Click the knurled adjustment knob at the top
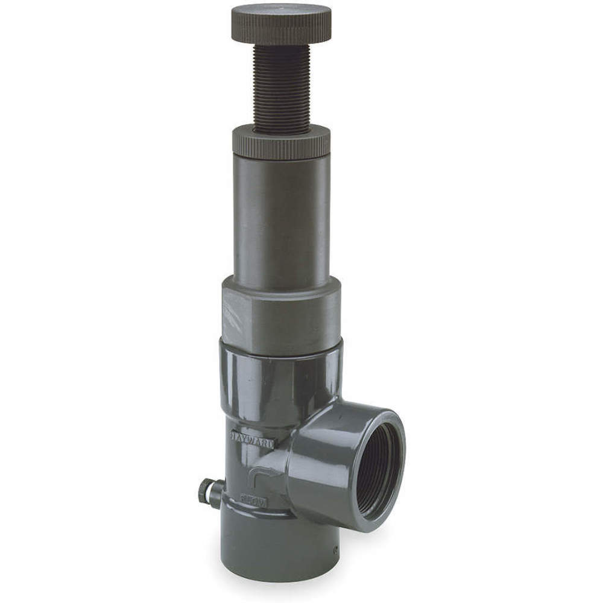pos(280,24)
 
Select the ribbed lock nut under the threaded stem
pos(280,143)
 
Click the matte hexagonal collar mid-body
pos(280,315)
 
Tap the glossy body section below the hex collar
pos(280,380)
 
